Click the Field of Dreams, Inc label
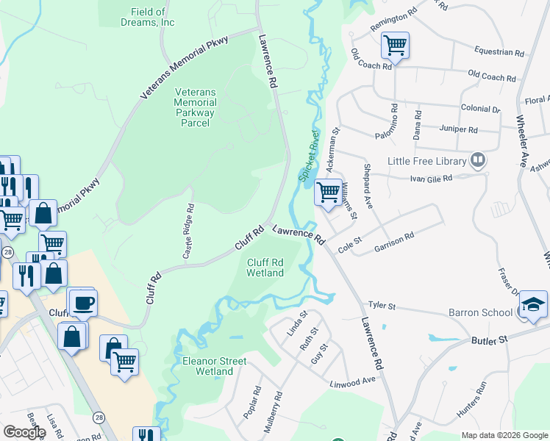(153, 17)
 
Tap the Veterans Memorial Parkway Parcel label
(195, 108)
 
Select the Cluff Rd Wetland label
(265, 268)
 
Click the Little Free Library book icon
(479, 160)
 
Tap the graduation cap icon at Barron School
(533, 305)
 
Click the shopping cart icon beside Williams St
(328, 192)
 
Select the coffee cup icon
(82, 301)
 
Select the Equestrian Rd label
(499, 53)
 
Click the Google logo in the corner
(24, 431)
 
